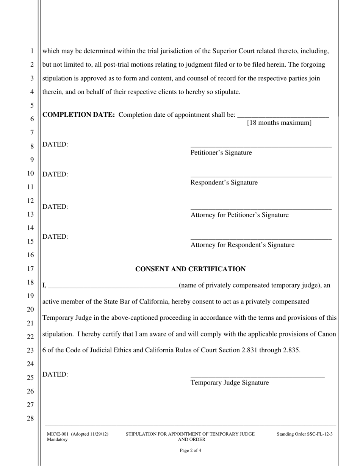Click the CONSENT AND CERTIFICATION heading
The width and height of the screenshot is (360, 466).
point(190,269)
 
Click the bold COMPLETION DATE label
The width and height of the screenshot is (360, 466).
point(78,115)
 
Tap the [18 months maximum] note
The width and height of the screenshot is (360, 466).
point(279,123)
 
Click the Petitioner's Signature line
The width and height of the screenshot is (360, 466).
point(261,146)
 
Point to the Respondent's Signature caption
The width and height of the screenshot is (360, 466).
point(224,183)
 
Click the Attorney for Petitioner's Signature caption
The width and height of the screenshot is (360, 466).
point(239,215)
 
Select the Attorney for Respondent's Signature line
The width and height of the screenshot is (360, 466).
point(261,239)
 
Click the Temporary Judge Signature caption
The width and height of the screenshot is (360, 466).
point(230,383)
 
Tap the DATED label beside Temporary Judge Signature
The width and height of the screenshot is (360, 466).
point(55,375)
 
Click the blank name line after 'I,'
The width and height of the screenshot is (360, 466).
point(113,287)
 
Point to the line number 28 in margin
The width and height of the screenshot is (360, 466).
point(30,419)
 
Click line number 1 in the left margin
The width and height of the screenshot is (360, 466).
point(32,51)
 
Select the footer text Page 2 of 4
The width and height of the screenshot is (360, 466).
point(190,451)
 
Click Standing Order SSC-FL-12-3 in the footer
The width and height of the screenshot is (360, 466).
point(305,434)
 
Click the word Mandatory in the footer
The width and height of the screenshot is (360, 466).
point(57,439)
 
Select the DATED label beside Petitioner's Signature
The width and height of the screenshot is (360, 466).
point(55,145)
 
